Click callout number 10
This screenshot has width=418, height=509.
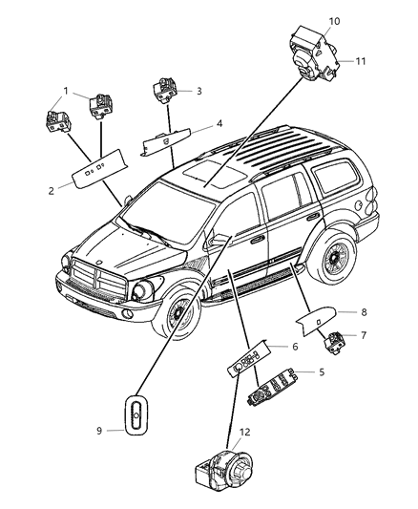click(334, 21)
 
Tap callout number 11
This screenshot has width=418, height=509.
click(361, 61)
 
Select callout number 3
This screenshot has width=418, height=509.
click(199, 92)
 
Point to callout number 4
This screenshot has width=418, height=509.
click(219, 124)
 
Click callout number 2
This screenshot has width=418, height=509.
click(51, 191)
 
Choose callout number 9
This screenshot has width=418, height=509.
click(99, 431)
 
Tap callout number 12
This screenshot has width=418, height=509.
click(245, 432)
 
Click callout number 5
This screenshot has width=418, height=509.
click(322, 371)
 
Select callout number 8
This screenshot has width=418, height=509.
click(364, 312)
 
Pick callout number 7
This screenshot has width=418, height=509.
click(364, 334)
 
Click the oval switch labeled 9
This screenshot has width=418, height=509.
click(136, 415)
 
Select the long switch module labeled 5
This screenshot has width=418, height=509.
click(272, 387)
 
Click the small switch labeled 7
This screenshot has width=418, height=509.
click(335, 343)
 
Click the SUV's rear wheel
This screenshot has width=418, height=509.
click(332, 258)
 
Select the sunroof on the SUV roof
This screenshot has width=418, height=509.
click(215, 176)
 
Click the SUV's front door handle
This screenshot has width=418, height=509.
click(258, 240)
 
